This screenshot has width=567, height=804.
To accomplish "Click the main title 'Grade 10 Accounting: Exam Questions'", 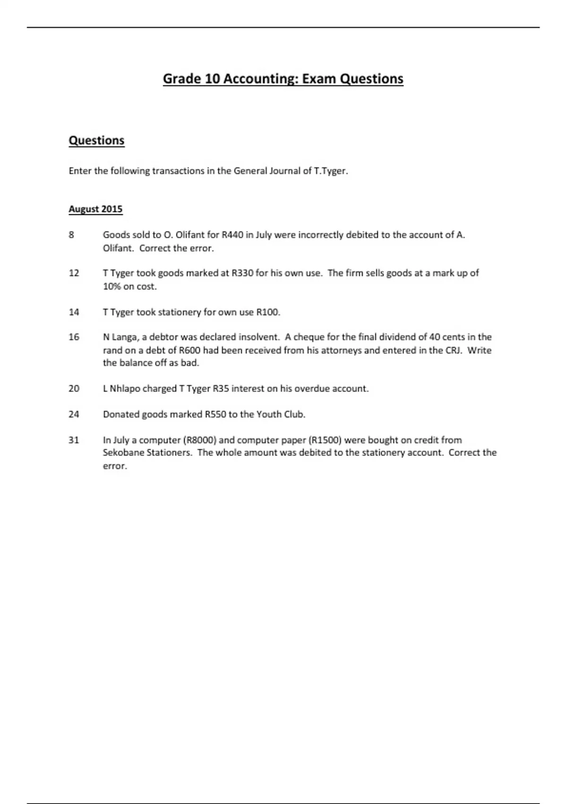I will coord(283,79).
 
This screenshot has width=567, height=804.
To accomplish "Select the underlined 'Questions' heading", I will coord(96,140).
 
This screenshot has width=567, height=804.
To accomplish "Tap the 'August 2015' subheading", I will coord(95,209).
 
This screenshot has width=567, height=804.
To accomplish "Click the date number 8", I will coord(71,235).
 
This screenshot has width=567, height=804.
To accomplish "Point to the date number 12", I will coord(74,273).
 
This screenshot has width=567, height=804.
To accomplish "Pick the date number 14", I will coord(74,312).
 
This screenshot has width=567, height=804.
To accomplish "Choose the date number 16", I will coord(74,337).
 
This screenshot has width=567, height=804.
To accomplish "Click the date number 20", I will coord(74,389).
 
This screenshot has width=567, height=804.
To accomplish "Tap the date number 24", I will coord(74,414).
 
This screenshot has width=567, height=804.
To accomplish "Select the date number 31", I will coord(74,440).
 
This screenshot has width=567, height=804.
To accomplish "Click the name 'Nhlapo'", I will coord(125,389).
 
